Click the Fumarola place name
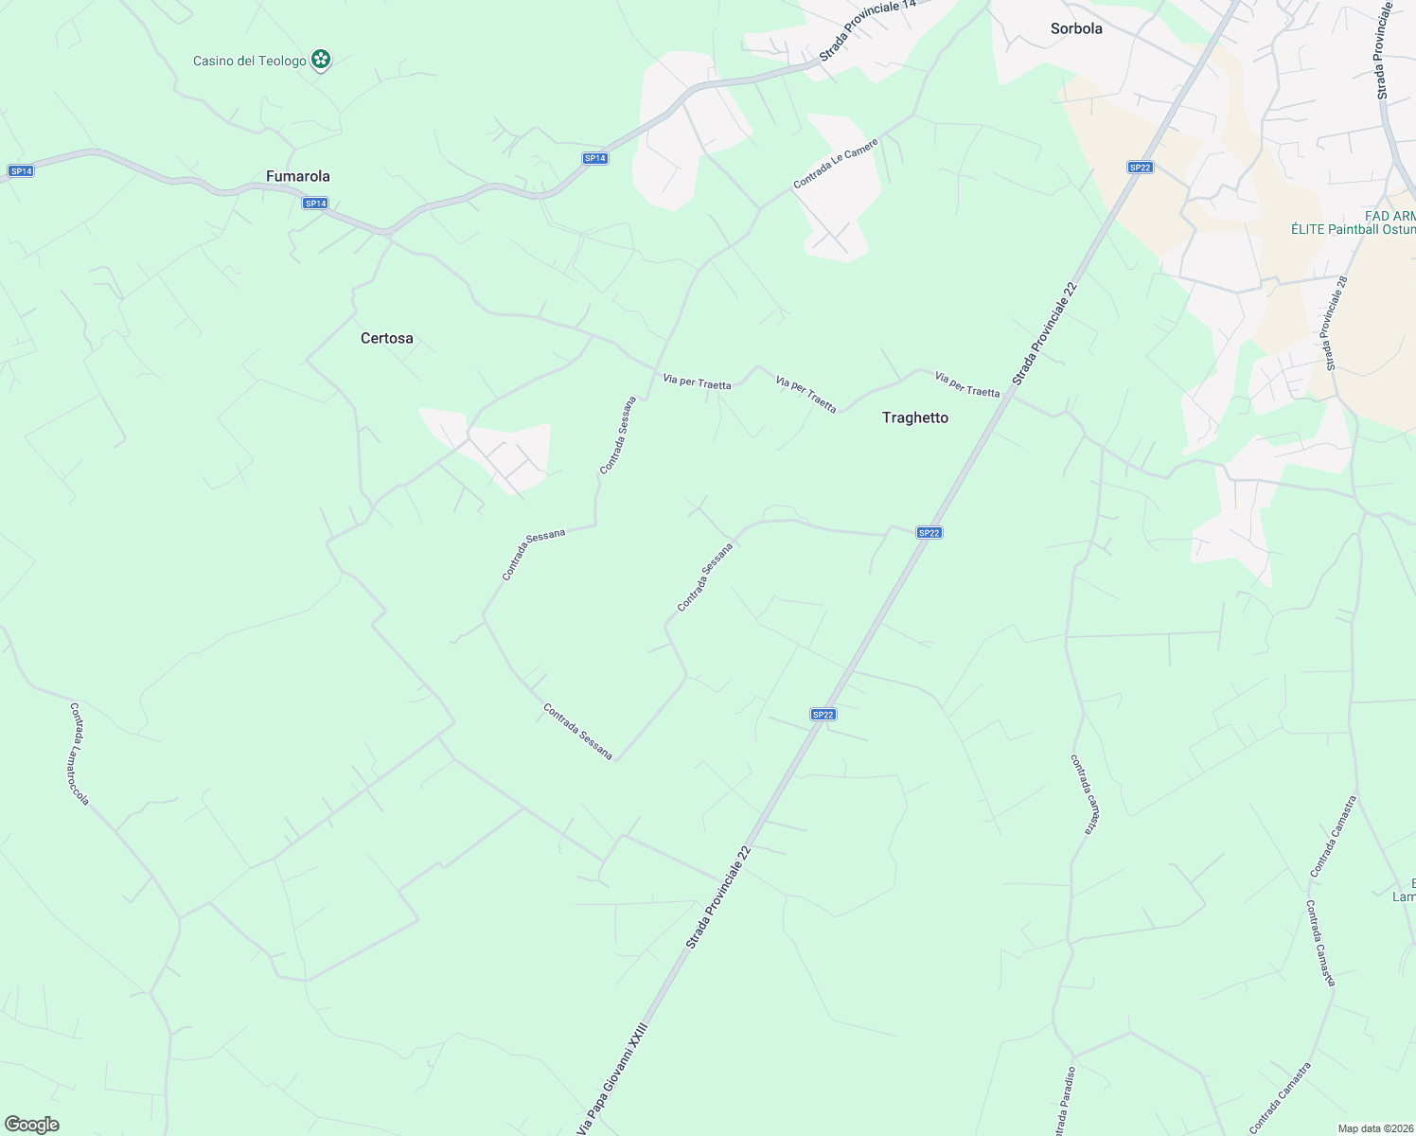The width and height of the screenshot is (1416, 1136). [297, 176]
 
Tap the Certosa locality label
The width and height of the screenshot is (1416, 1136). [386, 338]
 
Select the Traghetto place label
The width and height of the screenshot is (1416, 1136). [914, 417]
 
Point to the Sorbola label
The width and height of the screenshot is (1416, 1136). [1076, 28]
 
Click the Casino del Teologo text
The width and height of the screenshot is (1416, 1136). [249, 61]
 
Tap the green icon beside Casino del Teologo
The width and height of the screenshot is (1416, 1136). [322, 61]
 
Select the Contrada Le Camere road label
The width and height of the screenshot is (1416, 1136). [836, 164]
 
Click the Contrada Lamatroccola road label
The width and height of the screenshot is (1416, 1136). [80, 754]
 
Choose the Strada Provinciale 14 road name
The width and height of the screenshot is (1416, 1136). [868, 31]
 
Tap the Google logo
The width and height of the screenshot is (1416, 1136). [31, 1125]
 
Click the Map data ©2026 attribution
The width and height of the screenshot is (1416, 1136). [1374, 1128]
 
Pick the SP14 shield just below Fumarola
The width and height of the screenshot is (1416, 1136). [315, 204]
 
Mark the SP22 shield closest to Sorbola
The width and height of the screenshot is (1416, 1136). [1140, 168]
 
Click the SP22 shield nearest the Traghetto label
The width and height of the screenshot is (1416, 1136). [929, 533]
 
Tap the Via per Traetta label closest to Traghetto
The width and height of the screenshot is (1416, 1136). [966, 384]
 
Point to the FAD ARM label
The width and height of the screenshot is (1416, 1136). [1389, 216]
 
